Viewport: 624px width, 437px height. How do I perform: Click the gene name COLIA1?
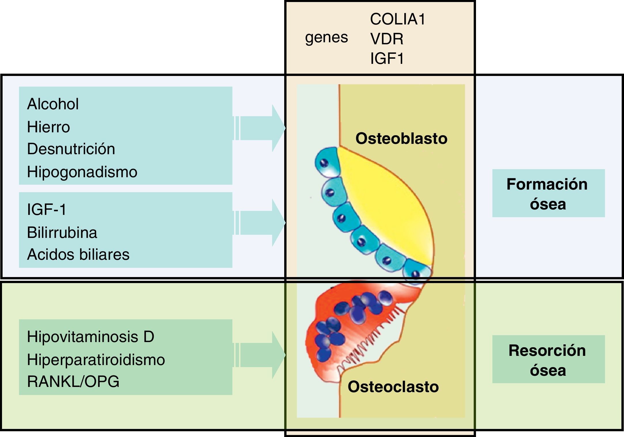pyautogui.click(x=397, y=19)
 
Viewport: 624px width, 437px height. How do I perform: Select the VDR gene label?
pyautogui.click(x=387, y=39)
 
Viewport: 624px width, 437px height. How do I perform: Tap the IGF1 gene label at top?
pyautogui.click(x=387, y=58)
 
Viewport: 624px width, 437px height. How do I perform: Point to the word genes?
pyautogui.click(x=327, y=37)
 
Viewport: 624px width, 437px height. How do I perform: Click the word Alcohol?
pyautogui.click(x=53, y=104)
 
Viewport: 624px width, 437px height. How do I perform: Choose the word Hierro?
pyautogui.click(x=48, y=127)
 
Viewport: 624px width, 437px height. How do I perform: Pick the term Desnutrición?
pyautogui.click(x=71, y=149)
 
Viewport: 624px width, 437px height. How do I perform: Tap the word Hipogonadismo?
pyautogui.click(x=82, y=172)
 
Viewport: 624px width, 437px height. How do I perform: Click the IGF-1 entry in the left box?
pyautogui.click(x=46, y=209)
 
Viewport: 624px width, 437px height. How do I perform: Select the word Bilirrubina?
pyautogui.click(x=62, y=232)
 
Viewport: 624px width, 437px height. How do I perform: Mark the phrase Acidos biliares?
pyautogui.click(x=78, y=255)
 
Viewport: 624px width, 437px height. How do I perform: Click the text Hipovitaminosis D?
pyautogui.click(x=90, y=337)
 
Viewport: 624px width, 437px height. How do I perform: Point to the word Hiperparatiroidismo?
pyautogui.click(x=96, y=360)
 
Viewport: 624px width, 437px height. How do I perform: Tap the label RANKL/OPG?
pyautogui.click(x=73, y=382)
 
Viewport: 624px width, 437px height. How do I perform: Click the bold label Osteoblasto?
pyautogui.click(x=401, y=138)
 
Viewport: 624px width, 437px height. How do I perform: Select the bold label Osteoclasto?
pyautogui.click(x=393, y=387)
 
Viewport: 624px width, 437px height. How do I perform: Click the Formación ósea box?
pyautogui.click(x=548, y=193)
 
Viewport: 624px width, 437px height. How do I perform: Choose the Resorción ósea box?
pyautogui.click(x=548, y=359)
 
